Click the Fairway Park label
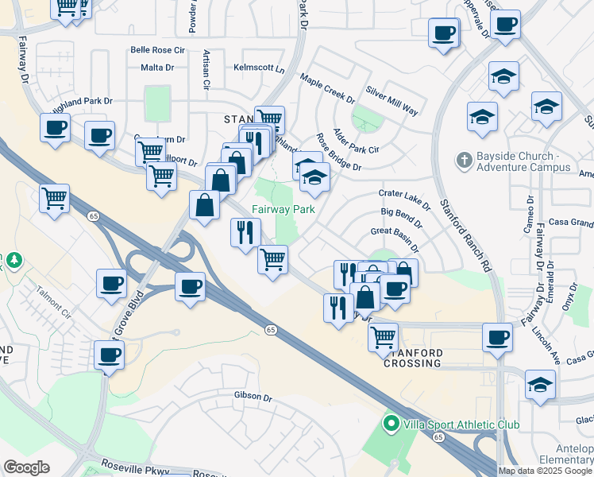click(x=283, y=210)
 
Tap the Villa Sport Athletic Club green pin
click(x=390, y=425)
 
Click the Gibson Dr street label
click(x=253, y=397)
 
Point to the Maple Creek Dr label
click(x=327, y=88)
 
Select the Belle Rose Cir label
click(x=157, y=50)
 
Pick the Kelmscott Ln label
click(x=259, y=68)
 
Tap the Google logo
click(x=27, y=467)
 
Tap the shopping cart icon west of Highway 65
click(x=54, y=198)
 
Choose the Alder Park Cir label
click(x=356, y=141)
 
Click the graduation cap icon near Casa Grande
click(x=540, y=385)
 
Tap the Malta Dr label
click(x=157, y=68)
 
